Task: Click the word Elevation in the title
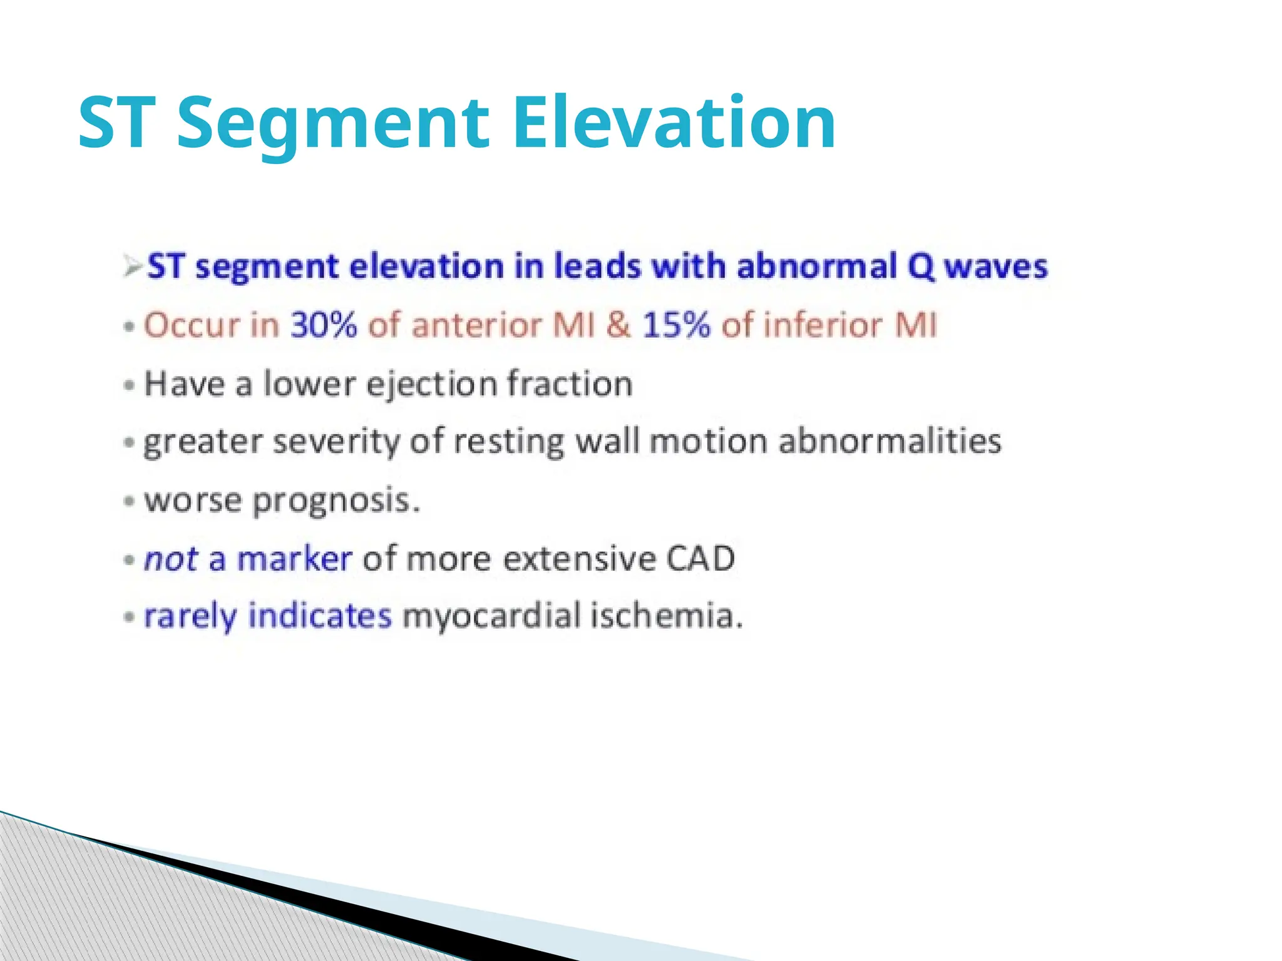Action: (x=674, y=123)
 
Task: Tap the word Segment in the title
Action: (x=332, y=123)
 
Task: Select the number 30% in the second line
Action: (x=324, y=325)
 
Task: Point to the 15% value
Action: (x=676, y=325)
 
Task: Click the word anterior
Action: (x=476, y=325)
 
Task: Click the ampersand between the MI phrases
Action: (x=618, y=325)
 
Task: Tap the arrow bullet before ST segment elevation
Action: (x=133, y=267)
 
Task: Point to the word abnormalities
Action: (x=890, y=441)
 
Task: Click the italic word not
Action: (x=171, y=559)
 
